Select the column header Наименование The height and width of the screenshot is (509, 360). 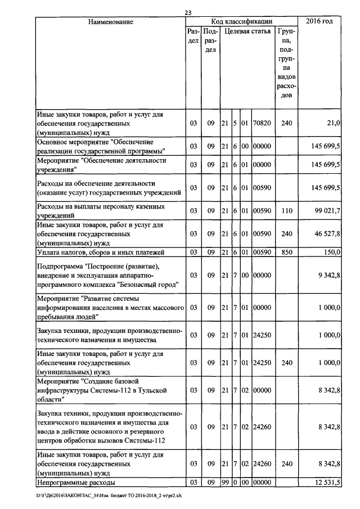[x=110, y=22]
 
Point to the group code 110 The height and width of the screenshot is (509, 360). [x=286, y=211]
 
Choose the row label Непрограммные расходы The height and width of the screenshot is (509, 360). [x=76, y=483]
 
